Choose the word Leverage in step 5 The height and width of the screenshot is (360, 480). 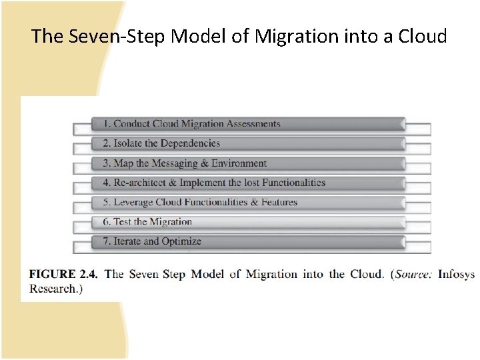(133, 202)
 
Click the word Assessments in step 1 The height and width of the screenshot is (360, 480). (253, 123)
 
